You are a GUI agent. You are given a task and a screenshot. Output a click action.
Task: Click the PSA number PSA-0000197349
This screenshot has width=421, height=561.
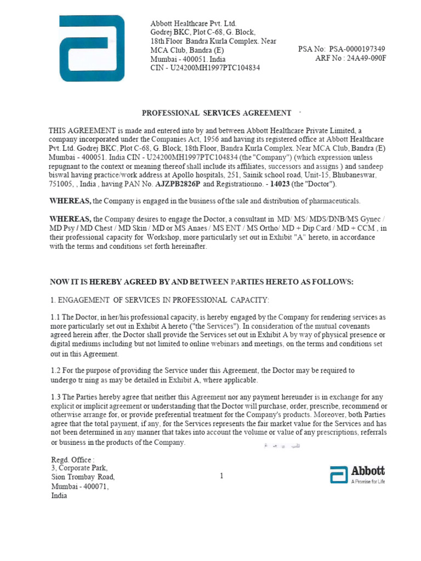[357, 49]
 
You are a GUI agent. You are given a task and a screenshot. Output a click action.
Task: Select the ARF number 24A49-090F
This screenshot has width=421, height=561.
[364, 59]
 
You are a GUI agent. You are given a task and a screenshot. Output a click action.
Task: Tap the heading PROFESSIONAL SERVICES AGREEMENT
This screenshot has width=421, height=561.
[217, 113]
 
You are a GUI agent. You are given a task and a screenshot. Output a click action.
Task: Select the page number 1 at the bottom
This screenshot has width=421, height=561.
[221, 476]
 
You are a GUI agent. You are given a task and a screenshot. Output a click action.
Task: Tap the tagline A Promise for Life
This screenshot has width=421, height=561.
[368, 482]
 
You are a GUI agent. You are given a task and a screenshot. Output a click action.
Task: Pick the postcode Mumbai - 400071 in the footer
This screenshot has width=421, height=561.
[80, 486]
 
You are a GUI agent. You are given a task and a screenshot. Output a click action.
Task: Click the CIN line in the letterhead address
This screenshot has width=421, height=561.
[205, 68]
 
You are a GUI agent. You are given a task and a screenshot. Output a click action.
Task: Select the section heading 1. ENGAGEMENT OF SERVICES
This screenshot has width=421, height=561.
[160, 300]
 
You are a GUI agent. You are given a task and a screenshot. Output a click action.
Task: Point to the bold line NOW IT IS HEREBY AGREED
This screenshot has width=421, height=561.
[202, 282]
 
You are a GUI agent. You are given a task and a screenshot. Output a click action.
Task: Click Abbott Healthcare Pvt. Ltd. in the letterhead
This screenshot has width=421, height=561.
[193, 24]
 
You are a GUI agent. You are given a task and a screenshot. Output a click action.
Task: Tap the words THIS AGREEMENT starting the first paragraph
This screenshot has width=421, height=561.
[82, 130]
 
